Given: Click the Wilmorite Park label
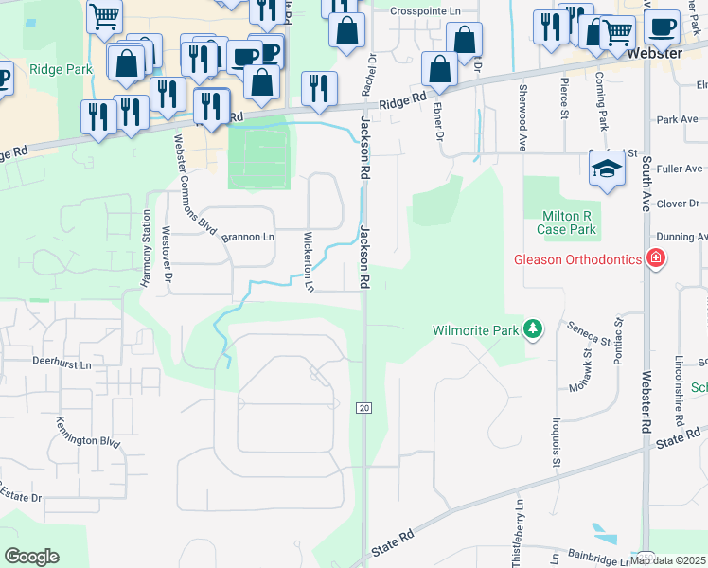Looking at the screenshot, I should [x=476, y=331].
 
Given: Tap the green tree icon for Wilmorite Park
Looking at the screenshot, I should [x=534, y=329].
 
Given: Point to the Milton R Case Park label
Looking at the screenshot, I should [x=566, y=222].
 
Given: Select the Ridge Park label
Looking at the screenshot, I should [x=60, y=69].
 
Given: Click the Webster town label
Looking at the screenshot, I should [x=654, y=54].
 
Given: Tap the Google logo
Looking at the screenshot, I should [x=31, y=557].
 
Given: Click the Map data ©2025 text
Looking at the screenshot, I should [x=668, y=560].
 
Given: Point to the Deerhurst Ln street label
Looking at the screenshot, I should [x=62, y=364].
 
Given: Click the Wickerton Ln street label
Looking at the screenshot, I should [x=308, y=260].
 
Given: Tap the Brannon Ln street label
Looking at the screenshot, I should [x=247, y=236].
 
